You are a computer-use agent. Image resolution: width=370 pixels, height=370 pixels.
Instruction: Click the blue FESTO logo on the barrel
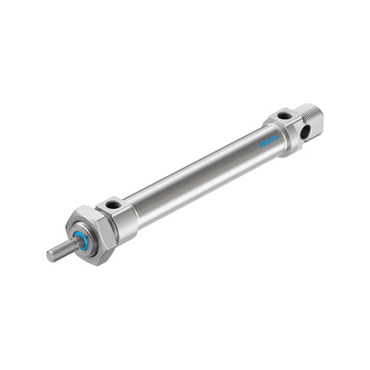click(x=269, y=141)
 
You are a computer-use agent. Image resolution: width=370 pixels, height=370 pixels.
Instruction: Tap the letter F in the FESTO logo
click(x=261, y=145)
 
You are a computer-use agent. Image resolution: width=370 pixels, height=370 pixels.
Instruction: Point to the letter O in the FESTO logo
click(x=276, y=138)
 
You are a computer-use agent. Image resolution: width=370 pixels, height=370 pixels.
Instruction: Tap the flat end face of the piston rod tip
click(x=50, y=256)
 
